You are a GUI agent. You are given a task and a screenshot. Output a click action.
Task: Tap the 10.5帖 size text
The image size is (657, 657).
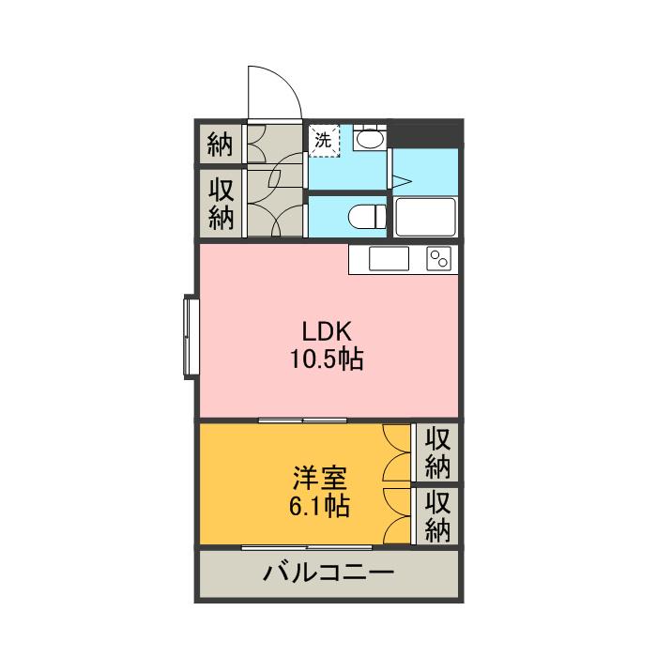tap(327, 359)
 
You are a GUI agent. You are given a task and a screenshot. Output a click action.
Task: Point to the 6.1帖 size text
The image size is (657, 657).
tap(320, 507)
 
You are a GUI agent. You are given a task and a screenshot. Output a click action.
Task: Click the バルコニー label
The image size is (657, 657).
tap(328, 573)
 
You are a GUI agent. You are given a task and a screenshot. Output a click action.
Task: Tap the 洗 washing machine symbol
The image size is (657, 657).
tap(323, 142)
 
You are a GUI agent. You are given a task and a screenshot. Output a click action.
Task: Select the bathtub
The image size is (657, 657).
tap(425, 217)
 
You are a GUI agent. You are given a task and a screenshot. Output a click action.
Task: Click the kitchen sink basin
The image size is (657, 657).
tap(388, 258)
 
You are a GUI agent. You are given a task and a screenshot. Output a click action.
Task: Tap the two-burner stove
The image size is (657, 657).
tap(439, 258)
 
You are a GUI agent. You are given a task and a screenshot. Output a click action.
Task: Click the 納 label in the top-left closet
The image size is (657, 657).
tap(220, 145)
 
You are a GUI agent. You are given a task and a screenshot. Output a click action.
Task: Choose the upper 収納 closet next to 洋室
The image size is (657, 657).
tap(438, 452)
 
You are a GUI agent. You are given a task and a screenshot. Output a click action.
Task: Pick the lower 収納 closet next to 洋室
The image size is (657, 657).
tap(438, 515)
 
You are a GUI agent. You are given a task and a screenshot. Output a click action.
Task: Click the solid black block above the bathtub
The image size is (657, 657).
tap(425, 134)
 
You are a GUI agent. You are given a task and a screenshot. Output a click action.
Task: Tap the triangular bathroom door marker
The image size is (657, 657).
tap(398, 181)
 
